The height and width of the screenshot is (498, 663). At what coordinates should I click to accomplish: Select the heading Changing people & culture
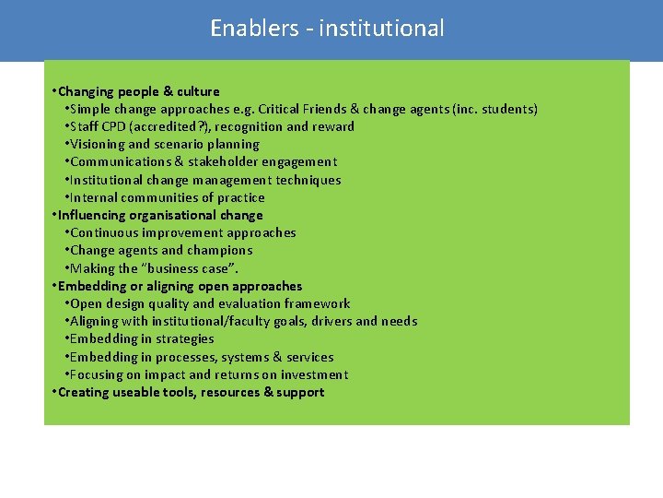pos(138,91)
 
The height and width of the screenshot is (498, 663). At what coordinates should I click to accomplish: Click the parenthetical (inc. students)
pos(494,109)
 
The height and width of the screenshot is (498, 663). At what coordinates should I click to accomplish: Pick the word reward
pos(334,126)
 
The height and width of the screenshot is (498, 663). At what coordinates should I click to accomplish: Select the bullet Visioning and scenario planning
pos(164,144)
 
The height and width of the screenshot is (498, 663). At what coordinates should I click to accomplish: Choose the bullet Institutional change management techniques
pos(204,180)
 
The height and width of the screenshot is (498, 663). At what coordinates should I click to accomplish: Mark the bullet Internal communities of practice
pos(167,197)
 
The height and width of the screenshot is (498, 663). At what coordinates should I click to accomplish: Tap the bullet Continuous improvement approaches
pos(182,232)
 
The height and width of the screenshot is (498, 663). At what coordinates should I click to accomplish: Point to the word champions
pos(220,250)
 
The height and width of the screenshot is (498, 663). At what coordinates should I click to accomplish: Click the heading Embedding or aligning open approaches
pos(180,286)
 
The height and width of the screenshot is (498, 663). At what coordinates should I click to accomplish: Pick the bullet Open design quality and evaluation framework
pos(209,303)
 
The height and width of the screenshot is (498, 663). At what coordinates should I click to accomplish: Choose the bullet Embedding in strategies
pos(141,338)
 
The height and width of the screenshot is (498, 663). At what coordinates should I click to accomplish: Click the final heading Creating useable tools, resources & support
pos(191,392)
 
